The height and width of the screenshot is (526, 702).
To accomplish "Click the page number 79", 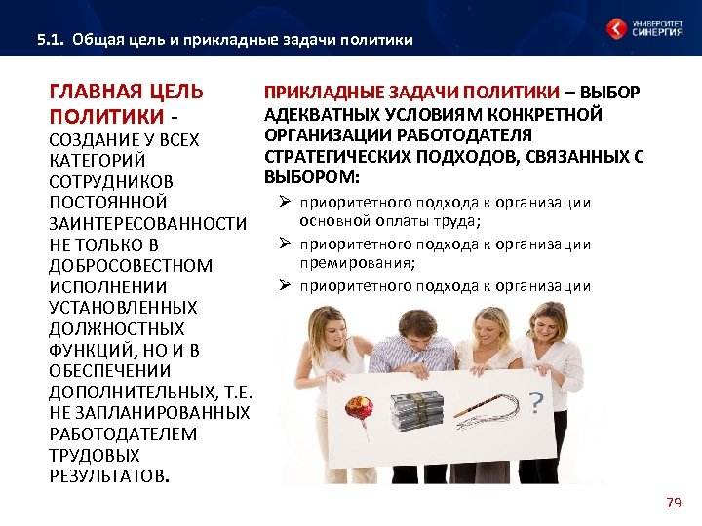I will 672,503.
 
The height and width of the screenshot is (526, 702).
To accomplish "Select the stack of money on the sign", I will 416,410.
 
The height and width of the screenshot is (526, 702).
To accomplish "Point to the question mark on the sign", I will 535,402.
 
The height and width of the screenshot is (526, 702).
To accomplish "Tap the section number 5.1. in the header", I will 50,40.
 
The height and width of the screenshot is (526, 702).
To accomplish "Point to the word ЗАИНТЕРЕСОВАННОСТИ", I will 147,224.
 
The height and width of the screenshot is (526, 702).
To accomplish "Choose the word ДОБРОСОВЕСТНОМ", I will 130,266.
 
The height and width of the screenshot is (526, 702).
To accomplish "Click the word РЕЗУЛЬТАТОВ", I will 106,476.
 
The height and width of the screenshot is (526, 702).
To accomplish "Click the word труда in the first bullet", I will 457,221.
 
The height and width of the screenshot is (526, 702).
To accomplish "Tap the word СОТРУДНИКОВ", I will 111,182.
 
